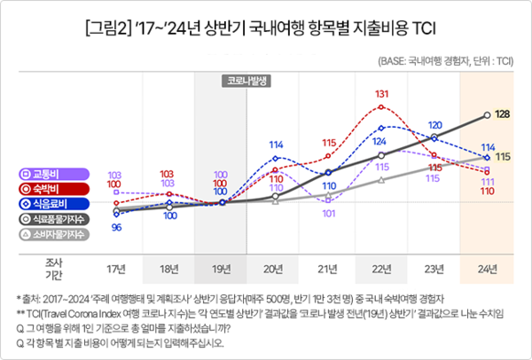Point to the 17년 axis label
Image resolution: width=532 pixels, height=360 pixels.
tap(115, 268)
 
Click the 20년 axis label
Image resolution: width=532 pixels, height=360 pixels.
tap(276, 268)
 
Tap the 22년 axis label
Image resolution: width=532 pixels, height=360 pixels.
tap(382, 268)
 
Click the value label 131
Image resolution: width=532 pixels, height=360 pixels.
tap(382, 94)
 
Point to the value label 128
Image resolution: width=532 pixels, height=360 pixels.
tap(502, 114)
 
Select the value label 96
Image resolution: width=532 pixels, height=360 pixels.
tap(116, 228)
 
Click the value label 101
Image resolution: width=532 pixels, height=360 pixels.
tap(329, 214)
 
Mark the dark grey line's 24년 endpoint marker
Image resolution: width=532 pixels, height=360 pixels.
tap(487, 114)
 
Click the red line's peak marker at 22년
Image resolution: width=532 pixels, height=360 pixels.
tap(382, 106)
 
